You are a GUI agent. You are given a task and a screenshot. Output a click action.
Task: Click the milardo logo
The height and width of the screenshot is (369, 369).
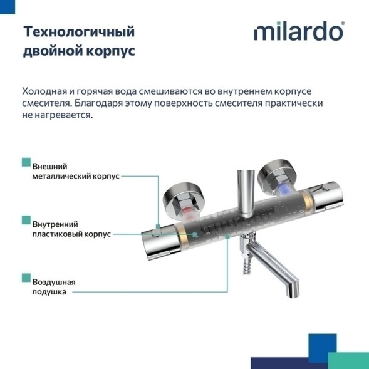(299, 32)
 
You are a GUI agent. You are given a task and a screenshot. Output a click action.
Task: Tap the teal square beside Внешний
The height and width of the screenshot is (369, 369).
(26, 162)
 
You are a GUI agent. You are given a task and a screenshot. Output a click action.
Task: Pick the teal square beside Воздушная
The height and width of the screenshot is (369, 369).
(26, 276)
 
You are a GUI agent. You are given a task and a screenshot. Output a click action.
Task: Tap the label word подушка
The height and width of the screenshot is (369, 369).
(49, 292)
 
